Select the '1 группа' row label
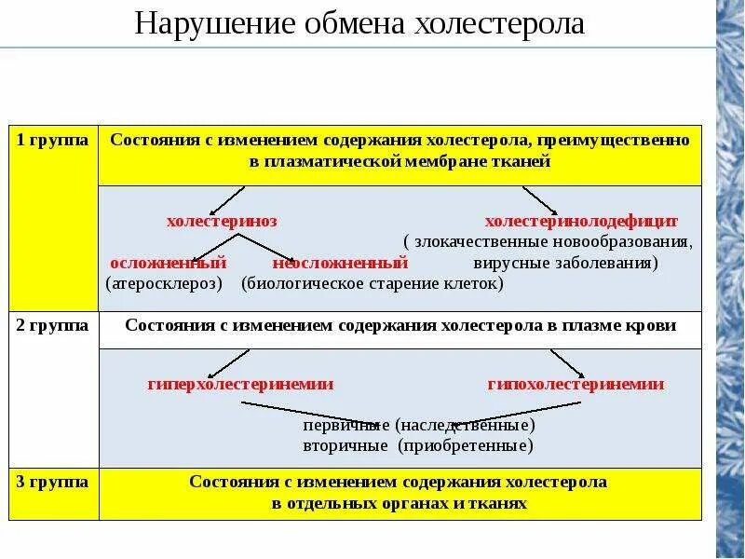coord(53,140)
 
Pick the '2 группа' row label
coord(53,325)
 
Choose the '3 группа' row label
coord(53,482)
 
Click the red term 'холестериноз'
coord(222,222)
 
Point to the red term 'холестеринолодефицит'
coord(581,222)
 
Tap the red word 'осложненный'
coord(169,263)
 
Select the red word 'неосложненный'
coord(341,263)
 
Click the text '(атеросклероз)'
coord(164,283)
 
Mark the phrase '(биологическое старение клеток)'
coord(372,283)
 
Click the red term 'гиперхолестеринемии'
coord(240,384)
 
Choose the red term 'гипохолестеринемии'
coord(576,384)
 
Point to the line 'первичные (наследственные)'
coord(419,425)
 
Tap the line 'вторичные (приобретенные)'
coord(418,446)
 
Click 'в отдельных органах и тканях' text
coord(400,503)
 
